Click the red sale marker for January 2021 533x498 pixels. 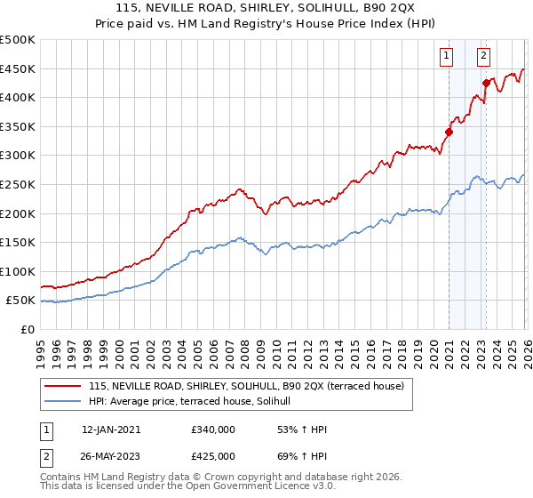(449, 133)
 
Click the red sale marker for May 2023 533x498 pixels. (486, 83)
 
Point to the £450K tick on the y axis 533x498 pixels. (18, 69)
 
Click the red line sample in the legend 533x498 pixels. (63, 387)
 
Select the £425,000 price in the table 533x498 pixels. (213, 456)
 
